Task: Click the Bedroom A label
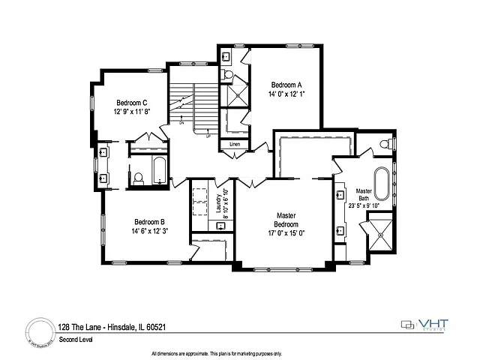[286, 85]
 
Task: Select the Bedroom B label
[149, 221]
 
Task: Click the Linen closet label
[235, 143]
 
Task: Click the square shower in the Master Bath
[381, 233]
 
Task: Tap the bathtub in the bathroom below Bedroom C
[159, 172]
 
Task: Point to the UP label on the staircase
[208, 136]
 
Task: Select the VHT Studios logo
[426, 325]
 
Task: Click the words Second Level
[75, 339]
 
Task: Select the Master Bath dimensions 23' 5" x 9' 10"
[364, 205]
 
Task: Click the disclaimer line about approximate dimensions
[217, 352]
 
